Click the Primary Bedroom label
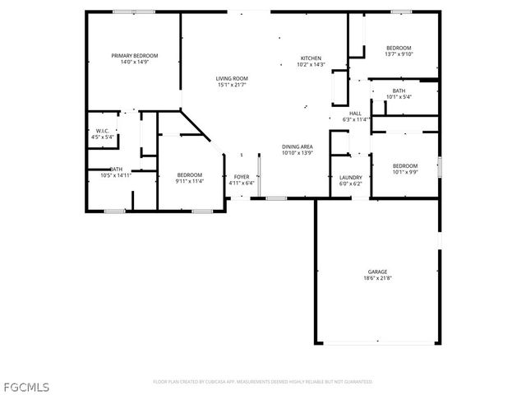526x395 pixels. coord(134,55)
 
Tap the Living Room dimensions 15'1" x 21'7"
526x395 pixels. coord(233,84)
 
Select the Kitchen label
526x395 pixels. coord(311,58)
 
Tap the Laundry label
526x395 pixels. coord(351,177)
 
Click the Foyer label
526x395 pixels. coord(242,176)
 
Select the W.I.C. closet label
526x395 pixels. coord(103,131)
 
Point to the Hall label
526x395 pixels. coord(356,114)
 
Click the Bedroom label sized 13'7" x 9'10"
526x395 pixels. coord(399,48)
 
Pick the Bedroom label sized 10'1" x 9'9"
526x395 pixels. coord(404,165)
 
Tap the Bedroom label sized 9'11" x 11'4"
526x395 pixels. coord(189,175)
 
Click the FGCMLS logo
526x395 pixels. coord(26,384)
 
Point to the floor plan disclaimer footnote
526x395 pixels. coord(262,382)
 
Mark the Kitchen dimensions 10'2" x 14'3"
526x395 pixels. coord(311,64)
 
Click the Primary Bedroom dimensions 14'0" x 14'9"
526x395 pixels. coord(134,61)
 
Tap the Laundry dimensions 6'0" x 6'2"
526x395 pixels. coord(351,183)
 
